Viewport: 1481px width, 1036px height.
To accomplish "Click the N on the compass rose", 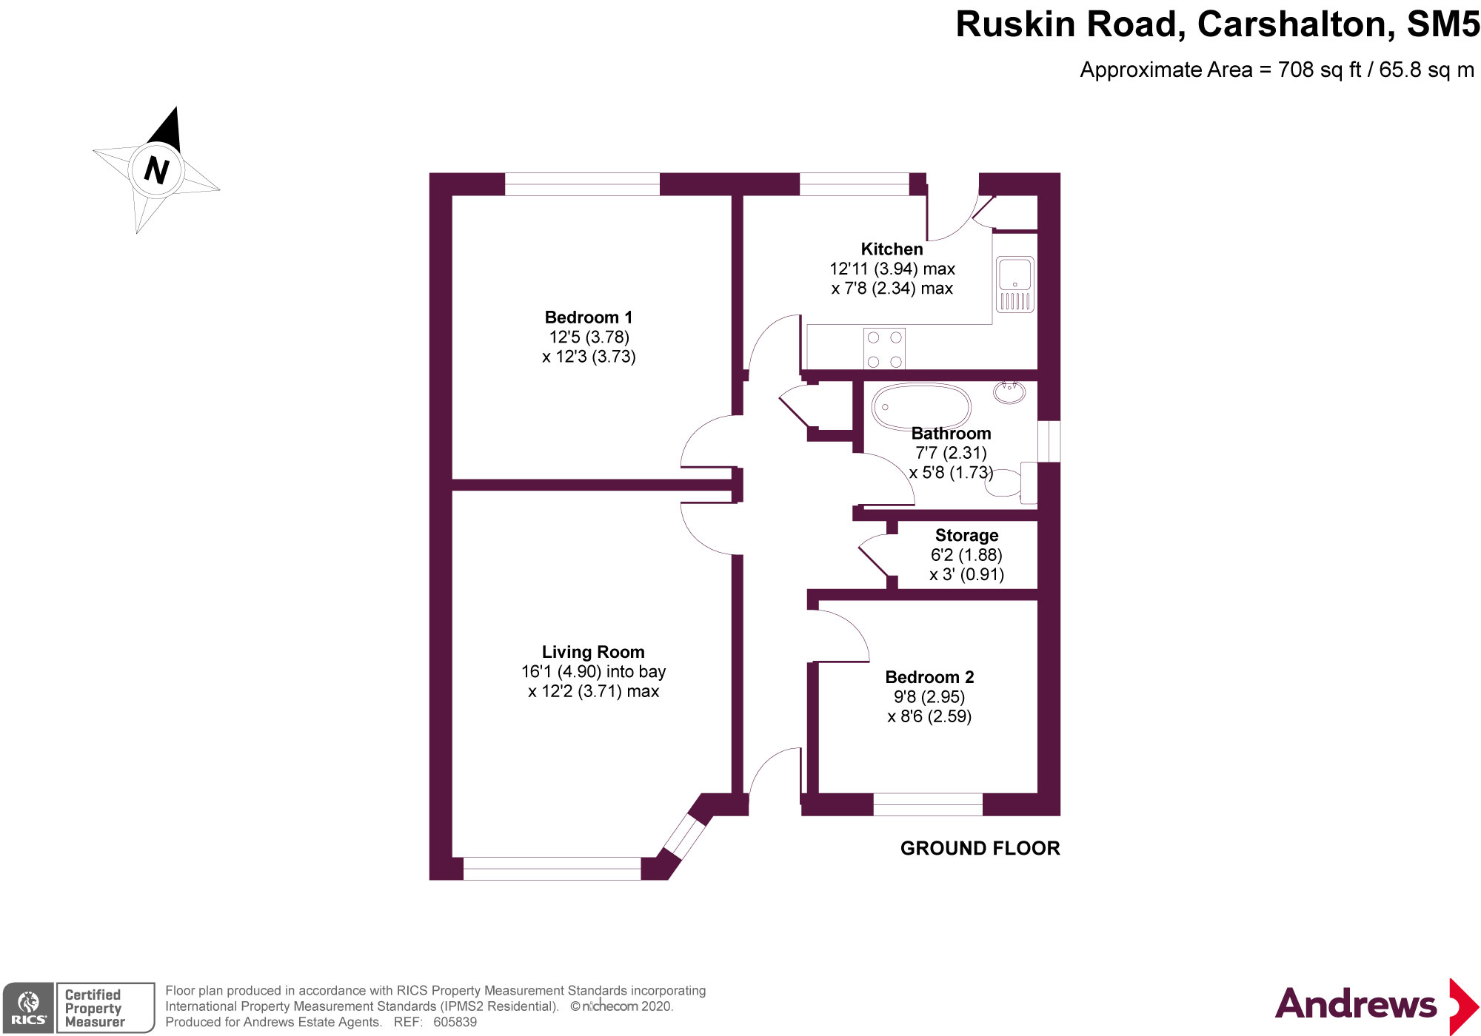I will pos(156,169).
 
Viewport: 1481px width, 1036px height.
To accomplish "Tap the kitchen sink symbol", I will pos(1014,284).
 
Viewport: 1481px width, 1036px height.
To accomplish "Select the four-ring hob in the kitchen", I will pos(884,349).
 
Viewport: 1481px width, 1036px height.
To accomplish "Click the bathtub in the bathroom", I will pos(921,406).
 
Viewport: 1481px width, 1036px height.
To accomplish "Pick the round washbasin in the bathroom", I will pos(1009,391).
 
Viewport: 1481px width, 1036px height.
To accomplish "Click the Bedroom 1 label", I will pos(589,317).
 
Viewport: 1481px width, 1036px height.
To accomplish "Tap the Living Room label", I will pos(593,652).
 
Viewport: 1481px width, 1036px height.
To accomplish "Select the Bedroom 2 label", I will pos(929,677).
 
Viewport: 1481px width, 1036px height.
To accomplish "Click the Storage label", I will pos(966,535).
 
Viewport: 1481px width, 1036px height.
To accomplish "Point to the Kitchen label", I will pos(892,249).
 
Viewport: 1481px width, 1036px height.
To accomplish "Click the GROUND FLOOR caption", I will pos(980,848).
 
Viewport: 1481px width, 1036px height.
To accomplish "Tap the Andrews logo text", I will pos(1355,1004).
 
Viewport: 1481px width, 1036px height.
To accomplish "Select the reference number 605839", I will pos(455,1022).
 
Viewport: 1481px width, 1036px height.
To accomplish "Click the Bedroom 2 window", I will pos(928,804).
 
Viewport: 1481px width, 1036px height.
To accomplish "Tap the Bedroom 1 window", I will pos(582,184).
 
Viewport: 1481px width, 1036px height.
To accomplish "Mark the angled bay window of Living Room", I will pos(684,836).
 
